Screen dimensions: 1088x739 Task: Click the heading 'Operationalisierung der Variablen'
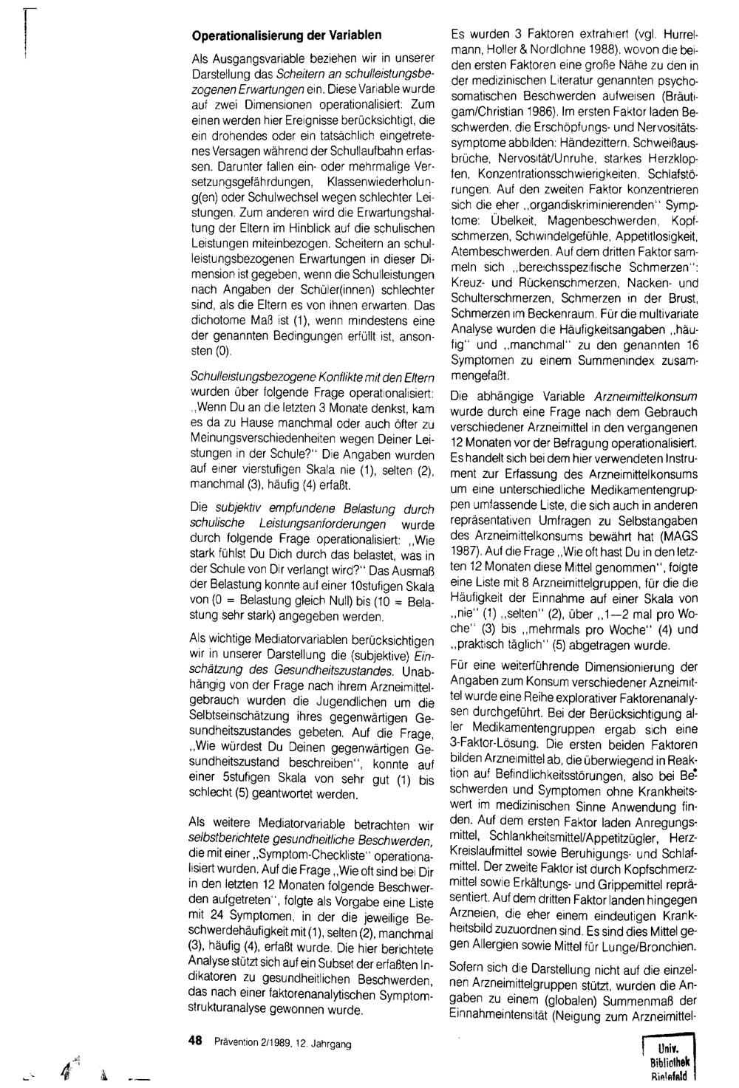(286, 35)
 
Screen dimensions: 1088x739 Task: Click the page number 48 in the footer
(196, 1041)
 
